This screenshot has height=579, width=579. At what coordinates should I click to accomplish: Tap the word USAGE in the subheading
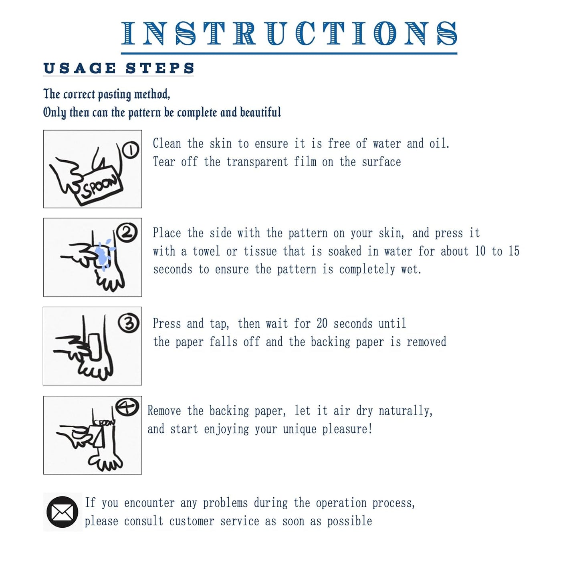[x=80, y=68]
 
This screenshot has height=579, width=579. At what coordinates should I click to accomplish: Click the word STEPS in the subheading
[x=160, y=68]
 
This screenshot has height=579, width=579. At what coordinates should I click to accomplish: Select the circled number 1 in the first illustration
[x=130, y=150]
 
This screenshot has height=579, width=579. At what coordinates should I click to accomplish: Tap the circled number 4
[x=127, y=407]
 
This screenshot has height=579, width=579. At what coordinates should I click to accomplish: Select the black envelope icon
[x=62, y=512]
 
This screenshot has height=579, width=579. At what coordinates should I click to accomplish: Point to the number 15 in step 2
[x=514, y=251]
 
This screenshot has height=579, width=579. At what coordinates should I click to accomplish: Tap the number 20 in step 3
[x=322, y=324]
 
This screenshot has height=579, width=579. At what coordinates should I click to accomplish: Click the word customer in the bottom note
[x=192, y=521]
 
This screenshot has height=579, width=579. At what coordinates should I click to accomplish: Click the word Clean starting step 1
[x=167, y=143]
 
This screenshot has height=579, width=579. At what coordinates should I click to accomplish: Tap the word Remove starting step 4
[x=164, y=411]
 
